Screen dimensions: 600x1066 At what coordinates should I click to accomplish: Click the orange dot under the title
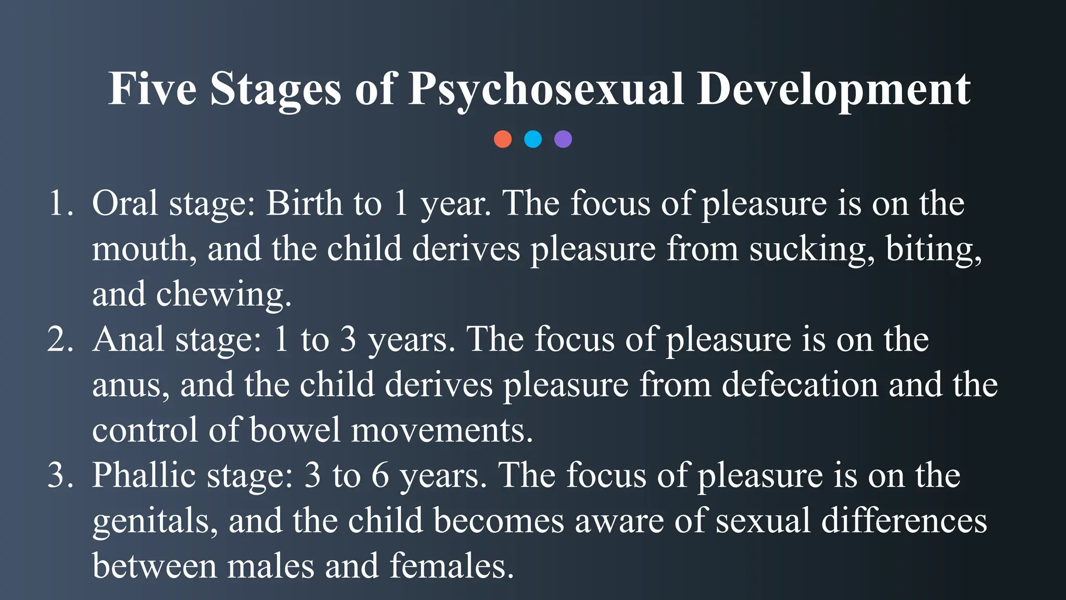502,139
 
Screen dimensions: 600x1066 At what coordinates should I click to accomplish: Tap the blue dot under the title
533,139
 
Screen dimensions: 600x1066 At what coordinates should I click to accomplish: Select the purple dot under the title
563,139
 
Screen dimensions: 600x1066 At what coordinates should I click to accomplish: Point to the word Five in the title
152,89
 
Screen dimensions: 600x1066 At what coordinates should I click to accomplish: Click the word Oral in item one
125,203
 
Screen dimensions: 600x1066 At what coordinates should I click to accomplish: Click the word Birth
304,203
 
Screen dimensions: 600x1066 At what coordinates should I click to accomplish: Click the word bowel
295,430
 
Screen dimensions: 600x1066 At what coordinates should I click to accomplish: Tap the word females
451,566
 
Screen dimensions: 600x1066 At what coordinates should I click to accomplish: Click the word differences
904,521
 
